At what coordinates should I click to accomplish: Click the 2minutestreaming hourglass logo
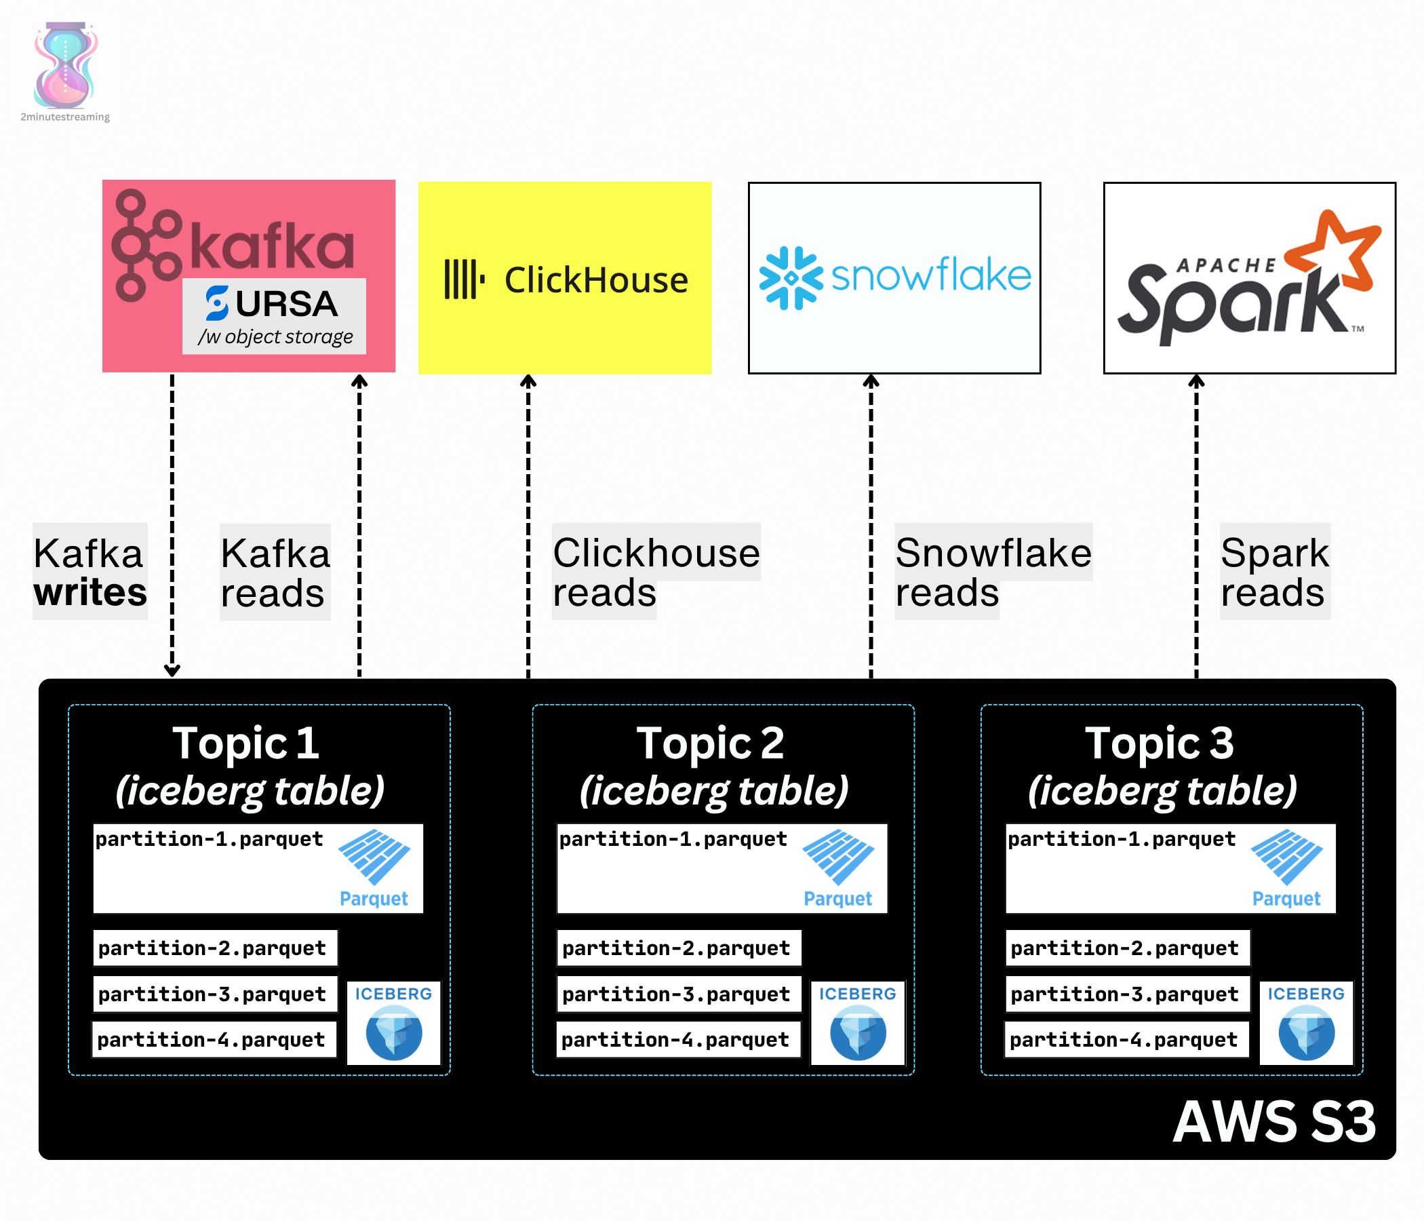point(65,65)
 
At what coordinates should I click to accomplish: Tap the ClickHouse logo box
point(564,277)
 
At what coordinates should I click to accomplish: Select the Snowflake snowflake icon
point(791,277)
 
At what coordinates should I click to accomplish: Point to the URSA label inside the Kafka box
point(272,303)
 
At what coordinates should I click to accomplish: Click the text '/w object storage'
point(275,337)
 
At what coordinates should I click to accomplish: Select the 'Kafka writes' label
point(90,572)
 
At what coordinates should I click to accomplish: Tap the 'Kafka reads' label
point(275,572)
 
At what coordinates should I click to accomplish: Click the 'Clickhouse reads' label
point(656,572)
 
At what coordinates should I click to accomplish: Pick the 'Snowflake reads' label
point(993,572)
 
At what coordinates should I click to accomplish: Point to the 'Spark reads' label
point(1275,572)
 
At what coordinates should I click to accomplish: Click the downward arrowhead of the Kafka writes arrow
point(172,670)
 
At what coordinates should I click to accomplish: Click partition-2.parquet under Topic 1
point(215,948)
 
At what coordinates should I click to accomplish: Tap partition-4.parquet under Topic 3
point(1126,1039)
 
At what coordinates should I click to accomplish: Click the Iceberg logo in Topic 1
point(394,1023)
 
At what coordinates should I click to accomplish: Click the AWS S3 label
point(1274,1122)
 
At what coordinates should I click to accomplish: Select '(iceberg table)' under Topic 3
point(1162,791)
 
